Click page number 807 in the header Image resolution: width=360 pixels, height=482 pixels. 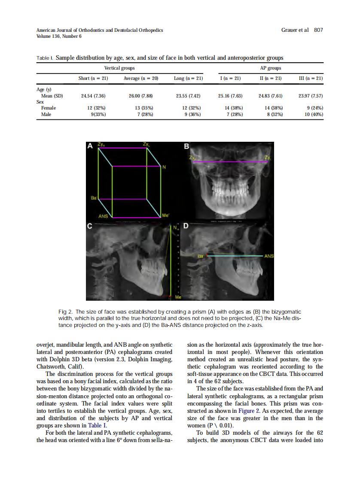[x=318, y=30]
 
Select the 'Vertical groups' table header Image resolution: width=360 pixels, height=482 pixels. [x=119, y=68]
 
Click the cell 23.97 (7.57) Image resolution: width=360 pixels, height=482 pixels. [x=311, y=96]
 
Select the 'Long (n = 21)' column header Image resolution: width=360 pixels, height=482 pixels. [x=188, y=79]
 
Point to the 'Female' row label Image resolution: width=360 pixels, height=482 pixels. [x=49, y=108]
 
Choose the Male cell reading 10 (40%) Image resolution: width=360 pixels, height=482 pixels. [x=314, y=114]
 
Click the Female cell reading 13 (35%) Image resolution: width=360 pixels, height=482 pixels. [x=140, y=108]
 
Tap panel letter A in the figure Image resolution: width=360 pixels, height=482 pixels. [x=90, y=146]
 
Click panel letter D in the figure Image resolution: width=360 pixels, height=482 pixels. [x=186, y=225]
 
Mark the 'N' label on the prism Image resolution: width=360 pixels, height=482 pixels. [x=164, y=167]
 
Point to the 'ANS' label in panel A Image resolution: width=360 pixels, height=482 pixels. [x=104, y=216]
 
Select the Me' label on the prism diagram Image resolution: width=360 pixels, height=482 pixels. [x=165, y=215]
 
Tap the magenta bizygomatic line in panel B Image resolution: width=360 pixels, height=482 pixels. [x=232, y=162]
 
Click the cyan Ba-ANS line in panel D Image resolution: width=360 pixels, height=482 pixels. [x=236, y=256]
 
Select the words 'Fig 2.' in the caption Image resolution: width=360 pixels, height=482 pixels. [x=65, y=311]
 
